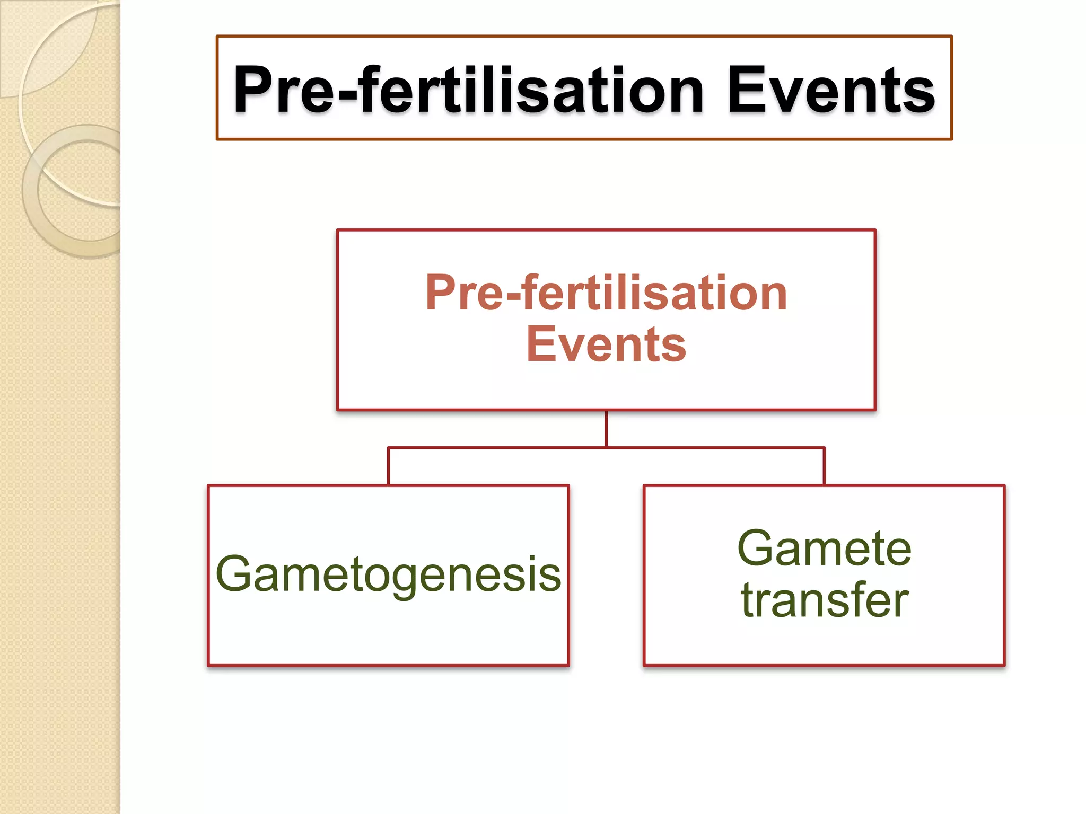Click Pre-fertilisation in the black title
pos(469,90)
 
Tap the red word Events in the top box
pos(606,345)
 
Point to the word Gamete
pos(824,549)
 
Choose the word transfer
pos(824,600)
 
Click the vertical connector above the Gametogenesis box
pos(388,466)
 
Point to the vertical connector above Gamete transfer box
pos(824,466)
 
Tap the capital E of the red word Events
pos(540,345)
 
